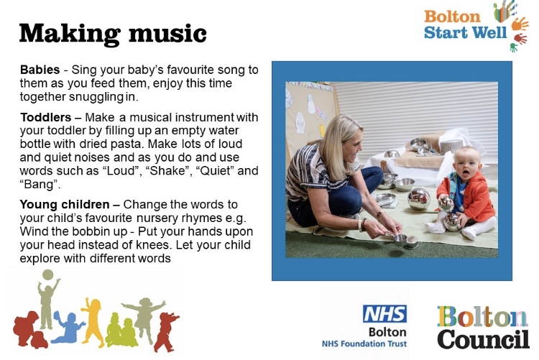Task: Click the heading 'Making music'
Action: [113, 34]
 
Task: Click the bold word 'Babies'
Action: [40, 70]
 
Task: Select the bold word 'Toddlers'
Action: [45, 117]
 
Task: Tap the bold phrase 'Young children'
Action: [65, 204]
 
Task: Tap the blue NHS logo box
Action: [384, 313]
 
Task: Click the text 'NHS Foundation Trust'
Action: [364, 343]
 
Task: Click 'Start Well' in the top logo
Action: [465, 32]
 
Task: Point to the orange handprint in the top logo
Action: [519, 24]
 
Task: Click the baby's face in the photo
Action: [466, 163]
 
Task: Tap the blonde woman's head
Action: [344, 141]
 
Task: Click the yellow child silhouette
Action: [93, 321]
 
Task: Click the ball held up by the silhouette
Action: [47, 275]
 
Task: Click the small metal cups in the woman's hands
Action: [405, 240]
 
